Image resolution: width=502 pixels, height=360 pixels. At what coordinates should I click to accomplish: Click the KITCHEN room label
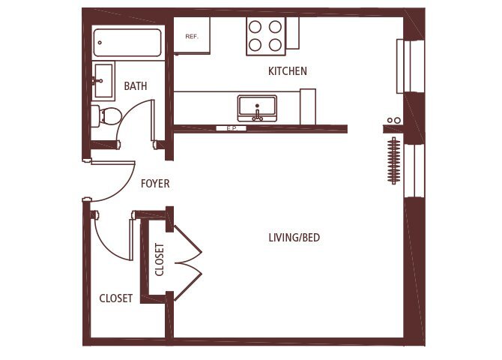pyautogui.click(x=288, y=71)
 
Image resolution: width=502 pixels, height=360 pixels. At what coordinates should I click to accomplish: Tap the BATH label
pyautogui.click(x=136, y=86)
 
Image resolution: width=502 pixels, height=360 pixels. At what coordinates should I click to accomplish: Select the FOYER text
pyautogui.click(x=155, y=183)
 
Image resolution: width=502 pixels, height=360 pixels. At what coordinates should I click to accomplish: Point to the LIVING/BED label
pyautogui.click(x=294, y=238)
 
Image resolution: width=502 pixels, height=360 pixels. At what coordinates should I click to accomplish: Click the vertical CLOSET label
pyautogui.click(x=160, y=259)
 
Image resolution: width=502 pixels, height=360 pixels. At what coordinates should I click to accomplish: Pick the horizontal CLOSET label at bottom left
pyautogui.click(x=116, y=298)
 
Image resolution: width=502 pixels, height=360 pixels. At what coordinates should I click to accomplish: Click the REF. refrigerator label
pyautogui.click(x=192, y=35)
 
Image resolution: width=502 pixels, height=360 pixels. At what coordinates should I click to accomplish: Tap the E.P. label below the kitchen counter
pyautogui.click(x=231, y=129)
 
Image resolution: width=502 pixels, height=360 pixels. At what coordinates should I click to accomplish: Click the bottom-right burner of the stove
pyautogui.click(x=275, y=44)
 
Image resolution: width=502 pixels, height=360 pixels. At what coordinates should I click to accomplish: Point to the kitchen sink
pyautogui.click(x=257, y=108)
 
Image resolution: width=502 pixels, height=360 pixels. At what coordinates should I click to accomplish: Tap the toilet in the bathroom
pyautogui.click(x=108, y=115)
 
